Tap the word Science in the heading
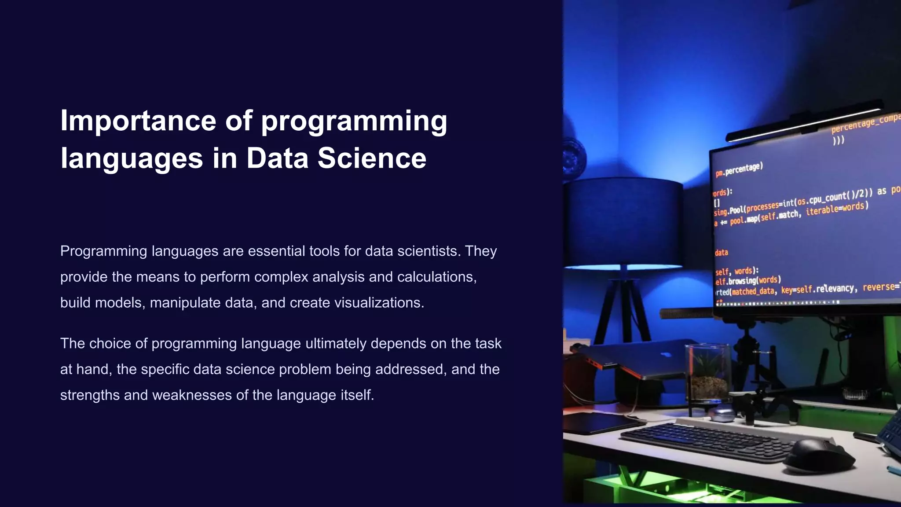pyautogui.click(x=372, y=158)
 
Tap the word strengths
pyautogui.click(x=90, y=395)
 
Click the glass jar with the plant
pyautogui.click(x=708, y=372)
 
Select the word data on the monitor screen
pyautogui.click(x=722, y=253)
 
